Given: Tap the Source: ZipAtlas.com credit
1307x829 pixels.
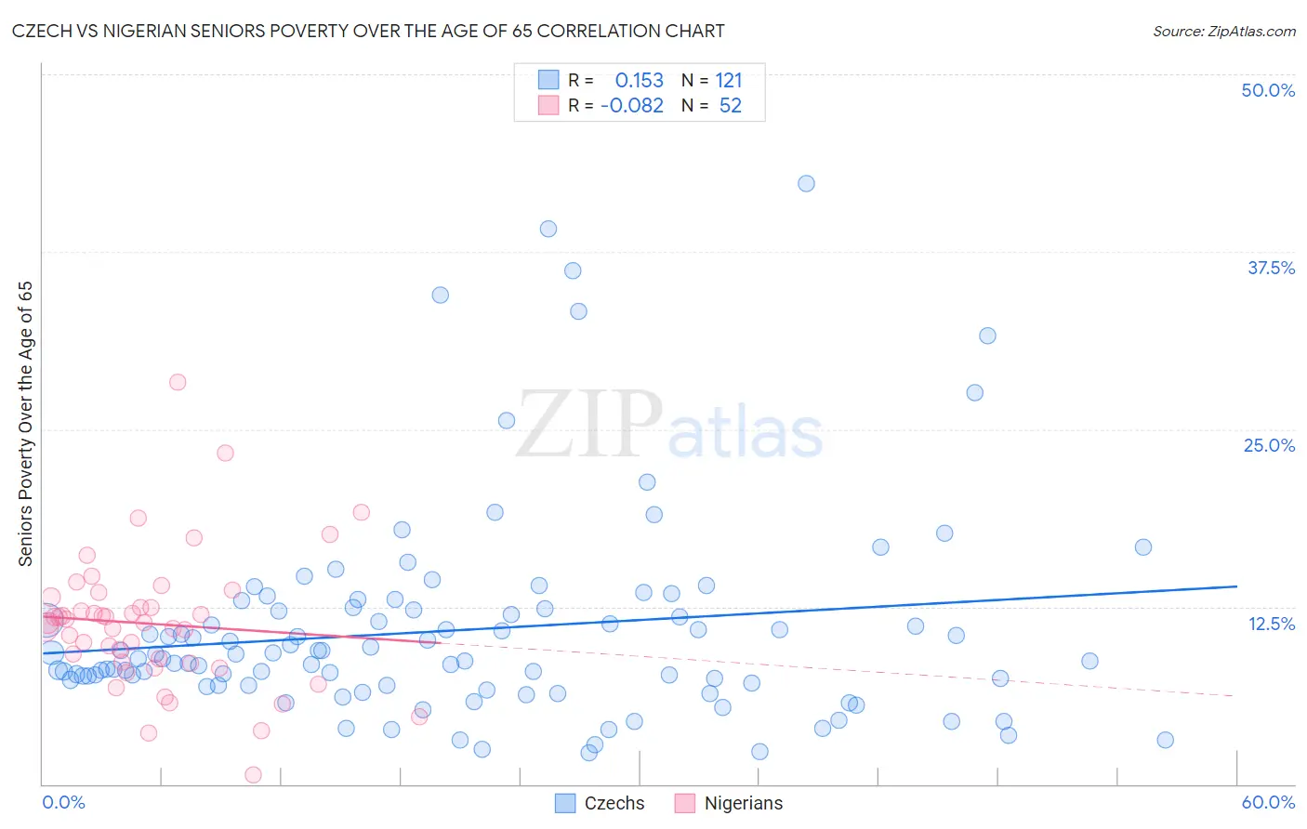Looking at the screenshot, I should click(x=1223, y=31).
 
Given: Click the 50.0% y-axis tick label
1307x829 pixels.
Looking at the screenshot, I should click(x=1268, y=90).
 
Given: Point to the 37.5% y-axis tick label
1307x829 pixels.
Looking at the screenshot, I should click(x=1271, y=268).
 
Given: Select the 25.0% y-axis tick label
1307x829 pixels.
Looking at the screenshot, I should click(x=1269, y=445).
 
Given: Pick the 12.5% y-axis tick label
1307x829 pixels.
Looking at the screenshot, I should click(x=1271, y=624).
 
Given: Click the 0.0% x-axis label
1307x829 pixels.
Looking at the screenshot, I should click(x=63, y=802).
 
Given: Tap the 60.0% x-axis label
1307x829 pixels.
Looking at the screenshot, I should click(x=1268, y=802).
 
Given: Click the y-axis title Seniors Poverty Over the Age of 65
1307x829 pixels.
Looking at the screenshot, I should click(x=25, y=424).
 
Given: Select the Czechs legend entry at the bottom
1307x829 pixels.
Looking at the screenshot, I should click(x=614, y=803).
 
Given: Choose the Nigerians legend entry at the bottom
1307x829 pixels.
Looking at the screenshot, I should click(x=743, y=803).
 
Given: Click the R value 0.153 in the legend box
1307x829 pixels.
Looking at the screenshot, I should click(x=639, y=81).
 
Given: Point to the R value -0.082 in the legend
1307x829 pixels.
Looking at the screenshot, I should click(x=632, y=106).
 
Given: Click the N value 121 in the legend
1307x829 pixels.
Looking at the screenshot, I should click(x=729, y=81).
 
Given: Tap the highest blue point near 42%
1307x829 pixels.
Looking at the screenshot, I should click(x=806, y=183).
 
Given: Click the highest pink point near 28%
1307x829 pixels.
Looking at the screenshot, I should click(x=178, y=382).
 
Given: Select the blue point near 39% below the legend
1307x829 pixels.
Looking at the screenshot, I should click(x=548, y=229).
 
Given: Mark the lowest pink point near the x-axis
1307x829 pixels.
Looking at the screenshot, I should click(x=253, y=774).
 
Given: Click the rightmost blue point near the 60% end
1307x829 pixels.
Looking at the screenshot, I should click(x=1165, y=740).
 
